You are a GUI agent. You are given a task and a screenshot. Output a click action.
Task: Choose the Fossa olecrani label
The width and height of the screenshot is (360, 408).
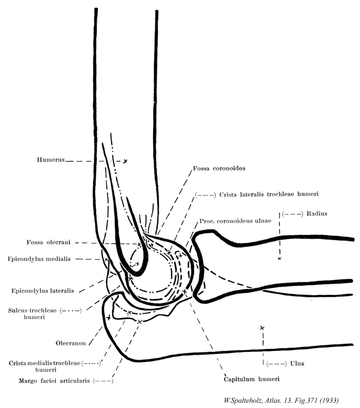point(57,242)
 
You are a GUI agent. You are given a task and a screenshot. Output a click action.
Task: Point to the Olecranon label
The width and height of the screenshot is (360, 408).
point(70,342)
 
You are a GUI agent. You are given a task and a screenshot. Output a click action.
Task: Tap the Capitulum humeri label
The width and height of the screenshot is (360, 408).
point(252,379)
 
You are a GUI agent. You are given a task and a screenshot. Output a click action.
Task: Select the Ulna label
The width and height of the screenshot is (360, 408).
point(298,363)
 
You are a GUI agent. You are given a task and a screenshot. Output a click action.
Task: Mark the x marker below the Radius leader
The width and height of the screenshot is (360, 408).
point(279,258)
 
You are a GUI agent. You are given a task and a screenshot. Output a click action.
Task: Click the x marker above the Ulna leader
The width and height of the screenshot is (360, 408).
point(262,328)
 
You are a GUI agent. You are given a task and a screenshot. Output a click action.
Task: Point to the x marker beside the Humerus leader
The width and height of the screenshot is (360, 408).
point(126,161)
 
